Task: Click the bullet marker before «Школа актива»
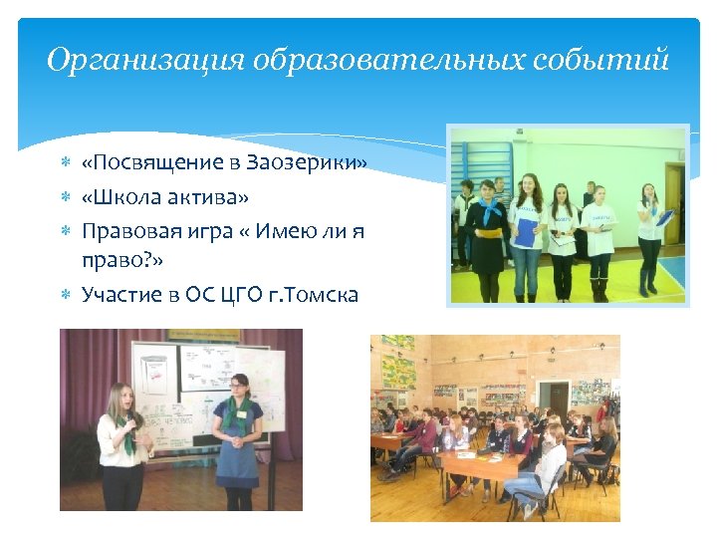65,195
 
